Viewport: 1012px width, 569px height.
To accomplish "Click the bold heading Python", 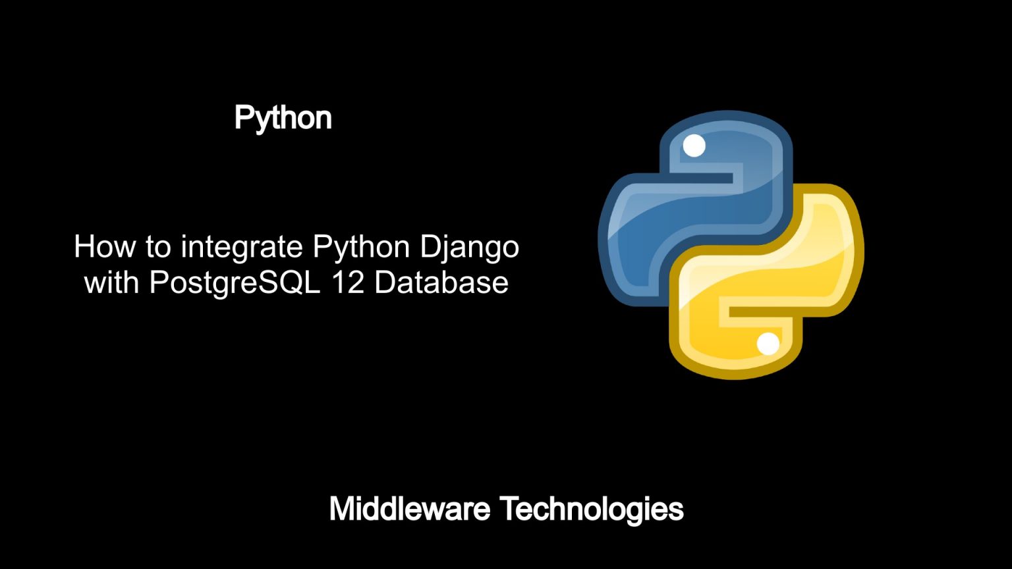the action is [x=283, y=119].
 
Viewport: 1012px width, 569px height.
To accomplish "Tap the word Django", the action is [x=470, y=248].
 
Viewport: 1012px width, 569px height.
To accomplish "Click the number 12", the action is [x=348, y=283].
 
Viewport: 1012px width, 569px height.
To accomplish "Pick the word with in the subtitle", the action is [x=111, y=283].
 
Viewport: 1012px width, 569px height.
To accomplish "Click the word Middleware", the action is [x=410, y=509].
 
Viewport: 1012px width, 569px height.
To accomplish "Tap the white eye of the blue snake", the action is [x=694, y=146].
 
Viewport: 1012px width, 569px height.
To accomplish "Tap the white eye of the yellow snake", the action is [x=768, y=344].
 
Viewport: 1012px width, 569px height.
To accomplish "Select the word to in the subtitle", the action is [x=158, y=248].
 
